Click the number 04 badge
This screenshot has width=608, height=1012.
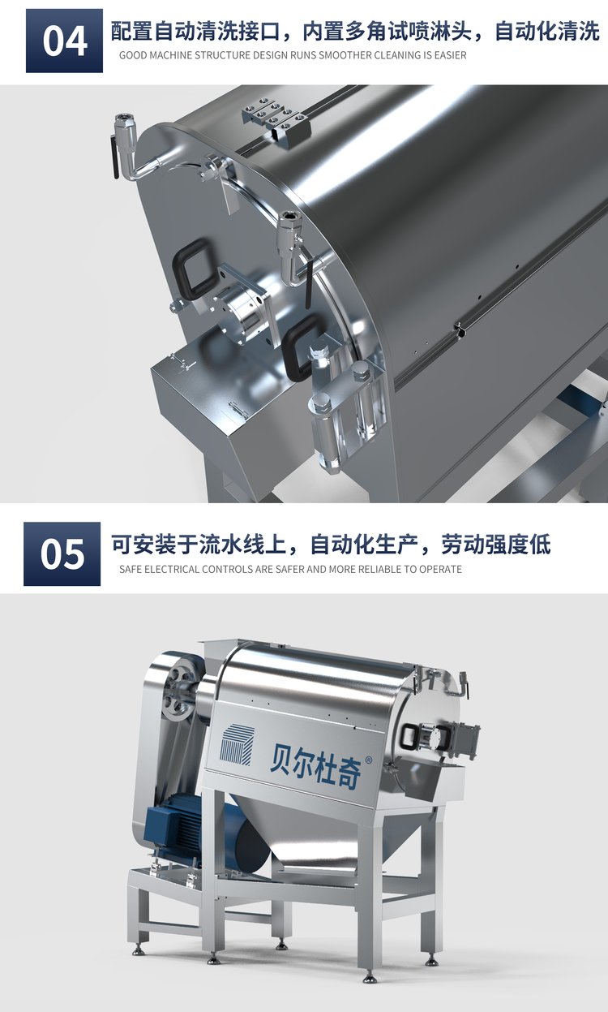(64, 41)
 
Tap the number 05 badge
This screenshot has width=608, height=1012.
(62, 554)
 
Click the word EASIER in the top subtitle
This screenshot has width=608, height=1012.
(450, 55)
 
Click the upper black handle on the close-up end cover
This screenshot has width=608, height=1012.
(195, 269)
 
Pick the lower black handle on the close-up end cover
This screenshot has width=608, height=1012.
(301, 347)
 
